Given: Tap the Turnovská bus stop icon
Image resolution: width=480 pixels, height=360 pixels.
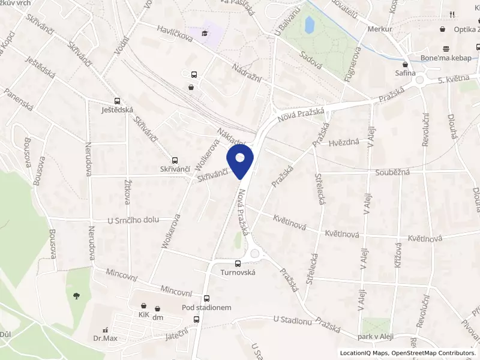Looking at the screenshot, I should pyautogui.click(x=238, y=263).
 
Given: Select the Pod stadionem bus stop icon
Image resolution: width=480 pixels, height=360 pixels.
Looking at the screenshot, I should pyautogui.click(x=206, y=298).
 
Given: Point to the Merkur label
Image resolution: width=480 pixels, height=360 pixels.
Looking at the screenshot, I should pyautogui.click(x=380, y=29).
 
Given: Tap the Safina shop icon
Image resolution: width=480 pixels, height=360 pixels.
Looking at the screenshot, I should pyautogui.click(x=406, y=64).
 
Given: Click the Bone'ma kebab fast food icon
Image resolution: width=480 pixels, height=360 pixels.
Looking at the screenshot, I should pyautogui.click(x=445, y=49).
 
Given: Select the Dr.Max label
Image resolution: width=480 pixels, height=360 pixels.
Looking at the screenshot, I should pyautogui.click(x=105, y=339).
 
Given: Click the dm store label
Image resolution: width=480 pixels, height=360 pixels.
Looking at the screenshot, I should pyautogui.click(x=158, y=317).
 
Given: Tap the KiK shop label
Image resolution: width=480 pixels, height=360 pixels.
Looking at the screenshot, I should pyautogui.click(x=143, y=314).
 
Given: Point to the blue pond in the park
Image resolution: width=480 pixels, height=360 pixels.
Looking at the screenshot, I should pyautogui.click(x=309, y=25).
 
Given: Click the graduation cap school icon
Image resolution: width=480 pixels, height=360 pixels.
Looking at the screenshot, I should pyautogui.click(x=205, y=33).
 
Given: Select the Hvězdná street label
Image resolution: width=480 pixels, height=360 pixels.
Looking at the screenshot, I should pyautogui.click(x=344, y=143).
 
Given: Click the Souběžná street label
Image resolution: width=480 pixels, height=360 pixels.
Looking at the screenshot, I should pyautogui.click(x=392, y=173).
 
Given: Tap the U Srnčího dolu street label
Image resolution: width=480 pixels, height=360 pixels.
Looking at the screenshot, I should pyautogui.click(x=133, y=220).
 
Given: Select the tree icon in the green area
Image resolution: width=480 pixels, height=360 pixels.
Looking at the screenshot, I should pyautogui.click(x=76, y=295).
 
